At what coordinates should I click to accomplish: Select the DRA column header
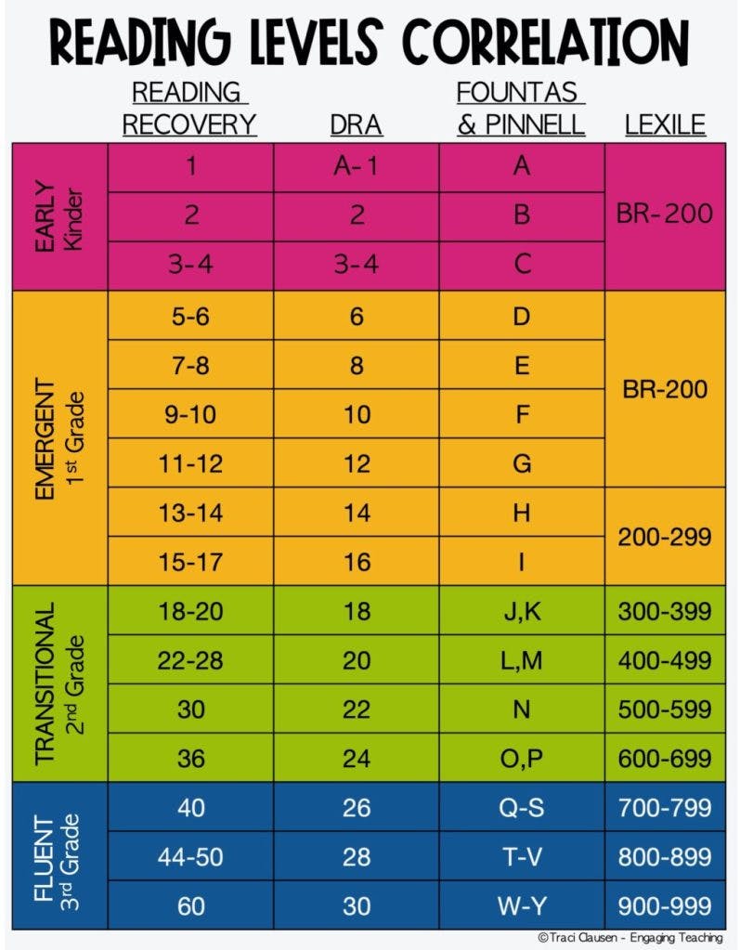click(x=357, y=124)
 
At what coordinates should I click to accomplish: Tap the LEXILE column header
click(x=664, y=124)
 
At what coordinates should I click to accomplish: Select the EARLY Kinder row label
click(x=59, y=216)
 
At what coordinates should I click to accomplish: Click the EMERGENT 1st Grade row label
click(x=59, y=437)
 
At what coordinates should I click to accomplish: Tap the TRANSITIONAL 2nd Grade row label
click(x=59, y=683)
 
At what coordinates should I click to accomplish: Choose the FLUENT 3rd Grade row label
click(x=59, y=855)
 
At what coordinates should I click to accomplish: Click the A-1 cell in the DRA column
click(x=357, y=167)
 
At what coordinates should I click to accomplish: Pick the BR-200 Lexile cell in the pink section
click(x=664, y=215)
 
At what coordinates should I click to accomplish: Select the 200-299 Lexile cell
click(x=664, y=536)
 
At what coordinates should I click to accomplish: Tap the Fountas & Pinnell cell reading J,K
click(x=521, y=611)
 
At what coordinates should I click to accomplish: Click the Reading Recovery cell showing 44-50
click(x=190, y=856)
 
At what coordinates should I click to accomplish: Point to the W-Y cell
click(x=521, y=905)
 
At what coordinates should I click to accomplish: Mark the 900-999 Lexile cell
click(x=664, y=905)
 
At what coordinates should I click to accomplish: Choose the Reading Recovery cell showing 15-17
click(x=190, y=562)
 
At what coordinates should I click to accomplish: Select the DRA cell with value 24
click(x=357, y=758)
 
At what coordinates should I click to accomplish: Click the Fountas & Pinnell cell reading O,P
click(x=521, y=758)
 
